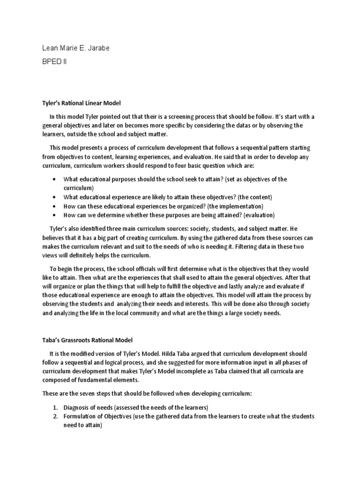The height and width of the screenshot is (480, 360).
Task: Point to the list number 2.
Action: pos(54,416)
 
